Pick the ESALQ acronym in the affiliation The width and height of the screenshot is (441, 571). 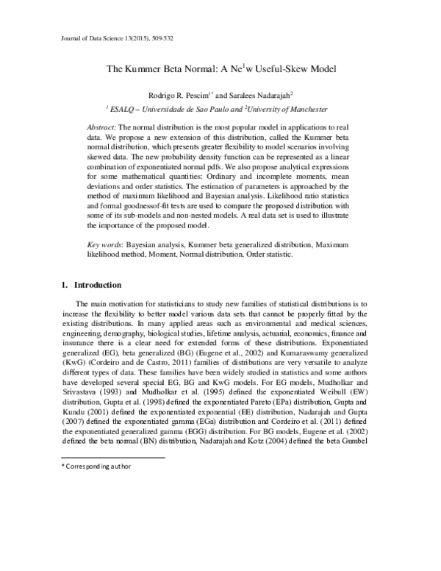[121, 109]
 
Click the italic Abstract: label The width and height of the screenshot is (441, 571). [103, 127]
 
